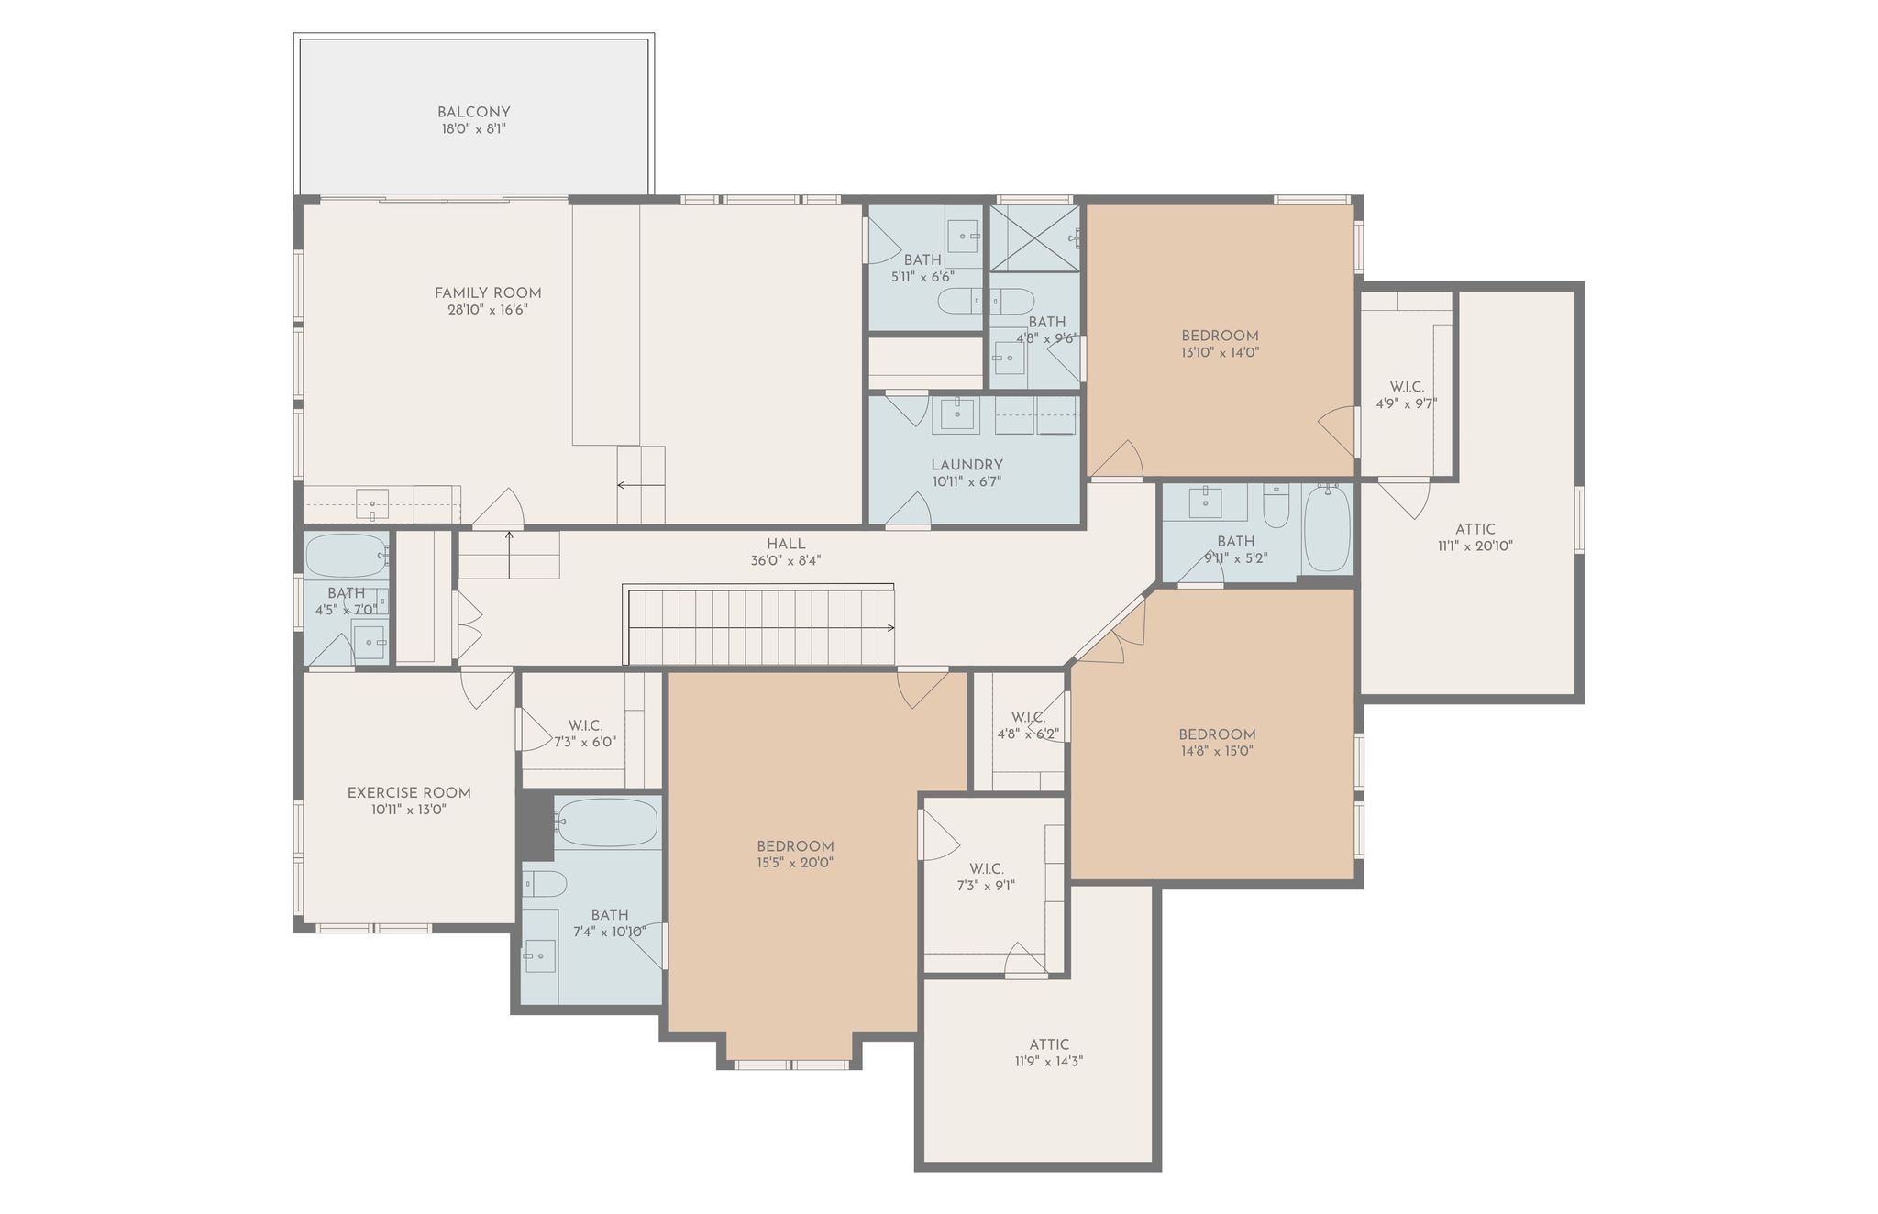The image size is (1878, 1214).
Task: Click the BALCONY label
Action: tap(473, 113)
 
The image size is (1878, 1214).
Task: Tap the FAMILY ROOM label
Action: tap(488, 293)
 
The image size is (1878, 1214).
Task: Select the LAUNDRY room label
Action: tap(967, 465)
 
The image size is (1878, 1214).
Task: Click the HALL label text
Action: tap(786, 544)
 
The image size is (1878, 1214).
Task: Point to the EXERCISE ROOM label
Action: tap(409, 793)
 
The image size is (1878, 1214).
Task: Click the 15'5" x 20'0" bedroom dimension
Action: tap(795, 863)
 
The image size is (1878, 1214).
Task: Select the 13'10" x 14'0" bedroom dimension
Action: tap(1220, 352)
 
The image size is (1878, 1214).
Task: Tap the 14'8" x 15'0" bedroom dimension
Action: tap(1217, 751)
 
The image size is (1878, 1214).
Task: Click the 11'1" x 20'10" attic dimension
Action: tap(1475, 546)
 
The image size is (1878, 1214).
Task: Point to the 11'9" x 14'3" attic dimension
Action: tap(1048, 1061)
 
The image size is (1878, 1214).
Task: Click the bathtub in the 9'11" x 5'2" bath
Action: tap(1326, 528)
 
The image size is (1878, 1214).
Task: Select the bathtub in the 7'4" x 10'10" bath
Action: tap(607, 822)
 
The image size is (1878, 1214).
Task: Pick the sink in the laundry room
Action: tap(956, 415)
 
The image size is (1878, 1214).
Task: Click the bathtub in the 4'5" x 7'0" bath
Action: tap(347, 556)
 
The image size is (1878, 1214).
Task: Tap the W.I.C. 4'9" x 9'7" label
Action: tap(1407, 395)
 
